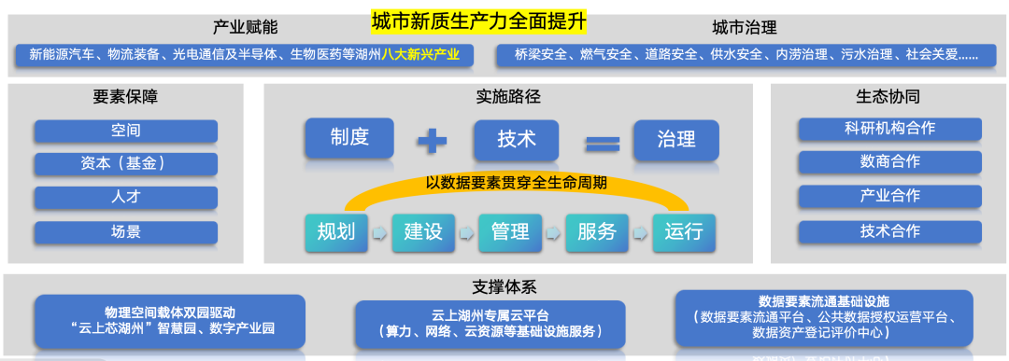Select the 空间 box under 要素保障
click(x=125, y=131)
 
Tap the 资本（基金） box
click(x=125, y=163)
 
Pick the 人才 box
click(x=125, y=198)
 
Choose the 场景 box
click(x=125, y=231)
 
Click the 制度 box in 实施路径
click(x=349, y=139)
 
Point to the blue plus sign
click(x=432, y=141)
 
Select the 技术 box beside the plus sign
click(x=517, y=139)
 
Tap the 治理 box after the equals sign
click(x=675, y=139)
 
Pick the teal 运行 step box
click(x=684, y=231)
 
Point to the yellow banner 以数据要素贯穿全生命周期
click(x=517, y=183)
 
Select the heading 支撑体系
click(x=504, y=286)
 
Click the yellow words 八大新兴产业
click(x=420, y=54)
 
